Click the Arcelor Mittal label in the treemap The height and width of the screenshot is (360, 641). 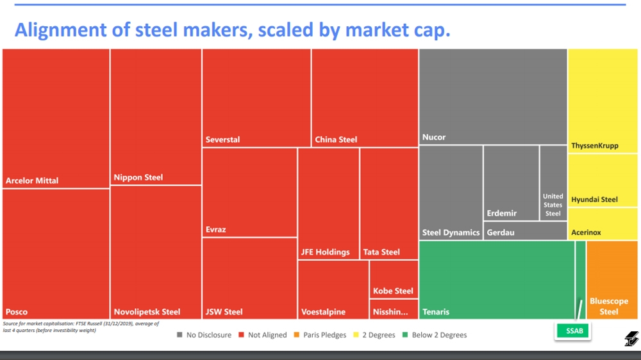pos(32,181)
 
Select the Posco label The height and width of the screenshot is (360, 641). pos(17,312)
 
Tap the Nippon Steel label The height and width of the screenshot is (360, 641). pos(138,177)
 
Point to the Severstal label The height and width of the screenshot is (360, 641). pos(222,140)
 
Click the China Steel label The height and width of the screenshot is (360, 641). pos(336,140)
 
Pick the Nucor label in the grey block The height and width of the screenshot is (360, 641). pos(434,137)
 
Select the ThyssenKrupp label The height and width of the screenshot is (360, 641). pos(595,146)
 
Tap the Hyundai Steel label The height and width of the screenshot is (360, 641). pos(594,199)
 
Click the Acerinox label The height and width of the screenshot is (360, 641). pos(586,233)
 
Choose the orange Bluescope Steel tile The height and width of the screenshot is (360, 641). pos(612,280)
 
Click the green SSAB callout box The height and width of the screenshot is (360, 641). pos(572,331)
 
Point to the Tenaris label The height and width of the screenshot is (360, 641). pos(436,312)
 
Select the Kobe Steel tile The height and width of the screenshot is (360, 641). pos(394,279)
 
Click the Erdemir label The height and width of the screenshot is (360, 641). pos(502,213)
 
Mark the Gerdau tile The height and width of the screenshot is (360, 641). pos(525,231)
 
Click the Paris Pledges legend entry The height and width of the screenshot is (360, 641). pos(320,335)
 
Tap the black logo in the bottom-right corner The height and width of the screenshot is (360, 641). pos(631,339)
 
